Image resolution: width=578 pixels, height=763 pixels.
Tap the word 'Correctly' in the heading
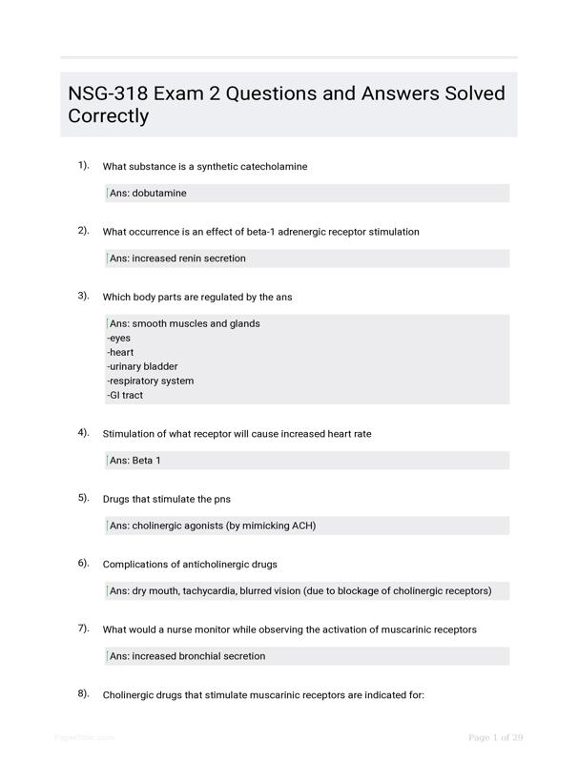coord(109,116)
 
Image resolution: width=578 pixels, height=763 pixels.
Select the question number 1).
coord(83,166)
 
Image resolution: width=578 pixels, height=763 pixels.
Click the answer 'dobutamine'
coord(159,194)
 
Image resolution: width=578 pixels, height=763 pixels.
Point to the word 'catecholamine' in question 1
coord(274,167)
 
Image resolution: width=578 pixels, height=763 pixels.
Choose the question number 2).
coord(83,231)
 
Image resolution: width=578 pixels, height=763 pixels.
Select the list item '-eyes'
coord(119,338)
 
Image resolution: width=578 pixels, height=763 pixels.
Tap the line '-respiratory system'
coord(151,381)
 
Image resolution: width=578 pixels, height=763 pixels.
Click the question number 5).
coord(83,498)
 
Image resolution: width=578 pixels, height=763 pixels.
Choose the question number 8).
coord(83,693)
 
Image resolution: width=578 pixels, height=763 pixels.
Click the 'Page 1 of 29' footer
coord(495,737)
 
